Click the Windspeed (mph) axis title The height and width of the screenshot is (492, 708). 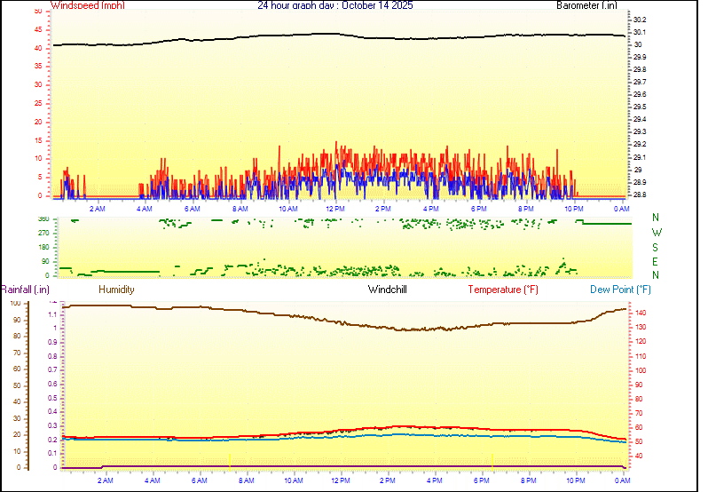[87, 5]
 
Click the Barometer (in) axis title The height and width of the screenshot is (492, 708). [586, 5]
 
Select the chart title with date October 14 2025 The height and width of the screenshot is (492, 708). [335, 5]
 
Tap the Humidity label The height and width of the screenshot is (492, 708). [116, 290]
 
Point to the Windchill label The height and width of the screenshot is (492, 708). [388, 290]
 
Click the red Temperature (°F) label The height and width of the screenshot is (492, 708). [503, 290]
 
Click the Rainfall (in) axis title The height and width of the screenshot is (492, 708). [25, 290]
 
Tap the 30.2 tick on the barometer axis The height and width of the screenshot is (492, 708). [641, 20]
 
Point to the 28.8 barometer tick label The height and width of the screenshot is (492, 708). [641, 194]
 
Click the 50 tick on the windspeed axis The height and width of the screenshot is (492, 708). [36, 12]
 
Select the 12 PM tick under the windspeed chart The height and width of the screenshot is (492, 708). [335, 208]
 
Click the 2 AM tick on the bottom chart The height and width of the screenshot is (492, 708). [106, 480]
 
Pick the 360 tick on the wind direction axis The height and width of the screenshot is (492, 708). [41, 218]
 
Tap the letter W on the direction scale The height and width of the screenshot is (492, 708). [656, 233]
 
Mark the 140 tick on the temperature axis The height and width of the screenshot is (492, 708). [641, 313]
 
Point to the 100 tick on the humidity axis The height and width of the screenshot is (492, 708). [15, 303]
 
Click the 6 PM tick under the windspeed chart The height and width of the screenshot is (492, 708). [478, 208]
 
